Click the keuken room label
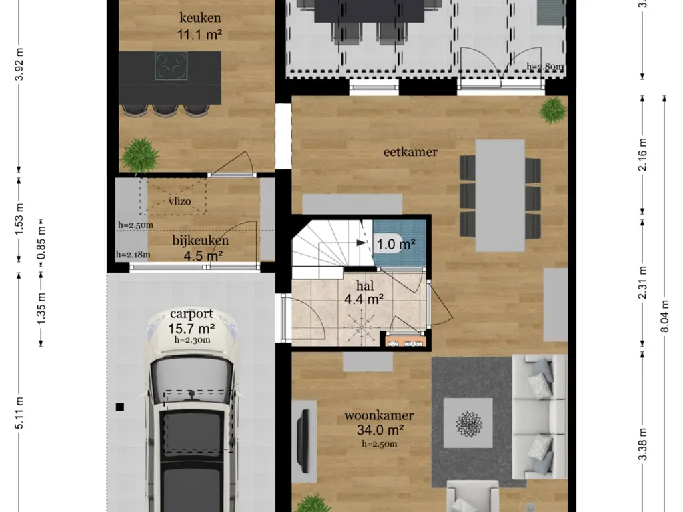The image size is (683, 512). [200, 18]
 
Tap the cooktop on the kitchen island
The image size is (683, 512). [171, 66]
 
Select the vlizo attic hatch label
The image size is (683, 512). [180, 201]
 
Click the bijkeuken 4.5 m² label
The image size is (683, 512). [201, 248]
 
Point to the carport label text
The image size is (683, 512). [191, 313]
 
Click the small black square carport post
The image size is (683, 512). [120, 407]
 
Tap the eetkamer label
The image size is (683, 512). [410, 152]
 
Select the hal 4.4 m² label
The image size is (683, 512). [364, 293]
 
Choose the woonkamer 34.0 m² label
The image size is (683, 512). [379, 423]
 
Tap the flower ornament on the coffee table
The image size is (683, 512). [469, 423]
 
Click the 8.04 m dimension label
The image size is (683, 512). [665, 316]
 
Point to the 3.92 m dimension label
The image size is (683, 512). [19, 65]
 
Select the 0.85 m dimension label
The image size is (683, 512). [41, 243]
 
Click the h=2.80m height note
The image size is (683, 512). [544, 67]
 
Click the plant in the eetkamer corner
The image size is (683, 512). [552, 111]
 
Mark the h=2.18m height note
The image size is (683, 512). [133, 255]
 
